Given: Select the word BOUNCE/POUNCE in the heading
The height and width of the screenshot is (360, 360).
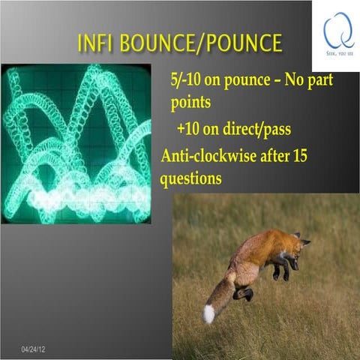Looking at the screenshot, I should click(x=201, y=43).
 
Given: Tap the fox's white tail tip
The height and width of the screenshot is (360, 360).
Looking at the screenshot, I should click(x=208, y=313).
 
